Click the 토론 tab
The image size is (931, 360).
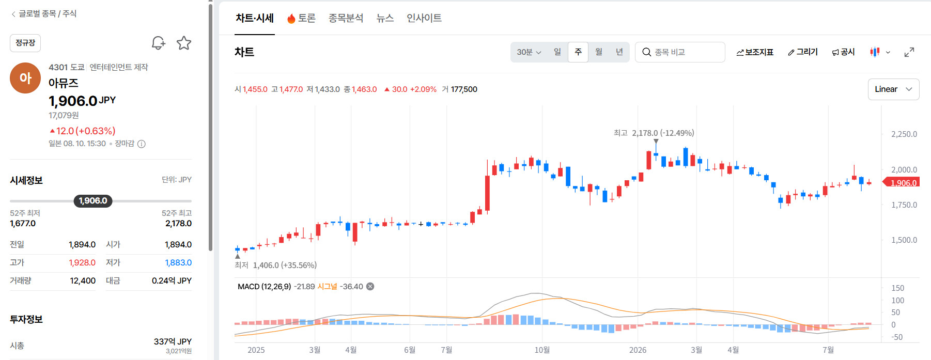(x=301, y=18)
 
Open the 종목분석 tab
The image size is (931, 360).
(x=346, y=18)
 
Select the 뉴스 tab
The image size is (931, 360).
(x=385, y=18)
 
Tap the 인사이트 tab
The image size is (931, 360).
(x=424, y=18)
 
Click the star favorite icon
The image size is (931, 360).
(x=184, y=43)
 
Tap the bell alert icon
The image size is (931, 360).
(x=158, y=43)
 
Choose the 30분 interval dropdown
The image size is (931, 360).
(x=529, y=52)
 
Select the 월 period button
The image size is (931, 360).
(x=599, y=52)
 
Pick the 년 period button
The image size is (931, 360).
(x=619, y=52)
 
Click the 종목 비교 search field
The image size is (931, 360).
(x=680, y=52)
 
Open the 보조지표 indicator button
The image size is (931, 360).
(x=755, y=52)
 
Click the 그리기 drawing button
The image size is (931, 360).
(x=803, y=52)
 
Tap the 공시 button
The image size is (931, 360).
(x=843, y=52)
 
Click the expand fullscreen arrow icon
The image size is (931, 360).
(x=909, y=52)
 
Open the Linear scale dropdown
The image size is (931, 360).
(x=893, y=89)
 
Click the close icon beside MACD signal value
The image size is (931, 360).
(x=370, y=287)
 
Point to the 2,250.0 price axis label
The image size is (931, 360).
(x=904, y=134)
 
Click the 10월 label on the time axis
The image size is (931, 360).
(x=542, y=350)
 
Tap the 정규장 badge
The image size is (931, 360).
(x=25, y=43)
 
